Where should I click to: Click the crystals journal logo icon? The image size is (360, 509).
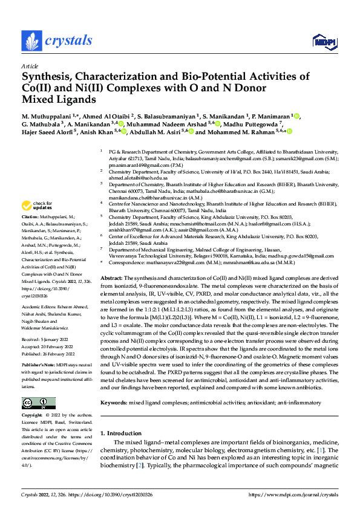coord(31,41)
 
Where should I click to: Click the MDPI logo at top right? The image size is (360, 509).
coord(323,41)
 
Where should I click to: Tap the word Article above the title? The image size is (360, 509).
coord(30,65)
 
